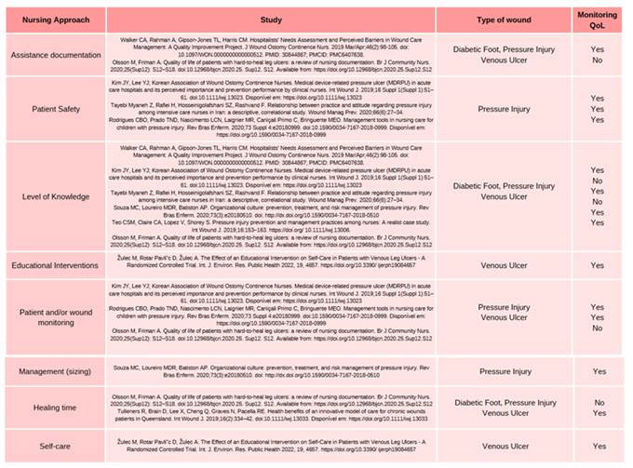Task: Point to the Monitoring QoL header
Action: pos(597,20)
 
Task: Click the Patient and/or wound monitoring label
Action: pos(52,314)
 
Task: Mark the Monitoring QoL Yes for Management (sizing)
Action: pos(598,371)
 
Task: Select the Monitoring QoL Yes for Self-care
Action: pos(598,446)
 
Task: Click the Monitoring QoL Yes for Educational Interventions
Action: pos(598,265)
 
